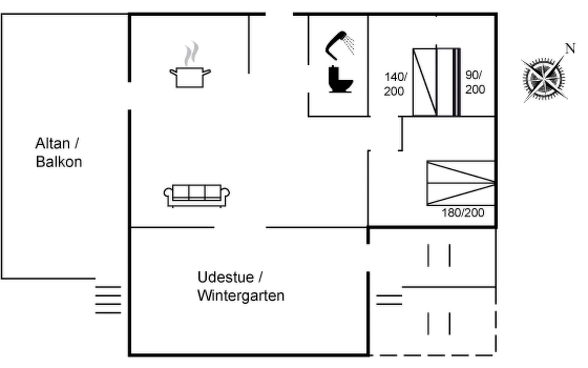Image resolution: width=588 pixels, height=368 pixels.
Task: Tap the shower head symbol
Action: click(340, 45)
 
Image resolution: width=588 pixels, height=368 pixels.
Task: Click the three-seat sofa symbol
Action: click(197, 196)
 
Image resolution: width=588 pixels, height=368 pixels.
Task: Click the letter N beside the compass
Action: click(570, 49)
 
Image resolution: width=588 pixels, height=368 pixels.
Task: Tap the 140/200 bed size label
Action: click(395, 84)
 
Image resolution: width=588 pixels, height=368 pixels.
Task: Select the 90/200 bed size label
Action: click(475, 82)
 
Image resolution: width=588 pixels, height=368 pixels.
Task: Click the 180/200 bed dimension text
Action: click(463, 213)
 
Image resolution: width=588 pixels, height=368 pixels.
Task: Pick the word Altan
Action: click(53, 143)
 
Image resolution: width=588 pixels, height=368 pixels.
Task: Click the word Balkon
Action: click(59, 162)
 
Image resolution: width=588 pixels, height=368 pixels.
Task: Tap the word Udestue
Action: click(226, 277)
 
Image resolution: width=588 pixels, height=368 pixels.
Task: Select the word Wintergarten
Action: click(241, 296)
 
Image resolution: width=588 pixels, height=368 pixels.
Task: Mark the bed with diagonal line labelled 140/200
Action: click(425, 82)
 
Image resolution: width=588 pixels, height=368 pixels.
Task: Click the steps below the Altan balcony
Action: click(108, 300)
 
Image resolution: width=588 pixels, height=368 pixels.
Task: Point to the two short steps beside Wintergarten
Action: click(389, 300)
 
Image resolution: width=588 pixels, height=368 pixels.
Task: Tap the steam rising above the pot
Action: click(191, 53)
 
